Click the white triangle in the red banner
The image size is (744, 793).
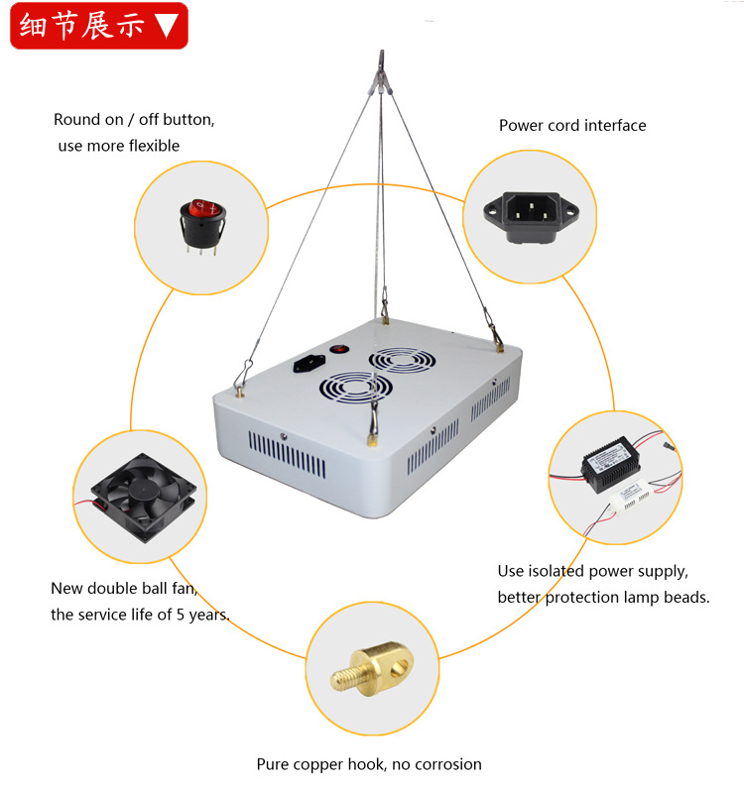[168, 27]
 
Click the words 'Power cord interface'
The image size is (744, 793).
[571, 126]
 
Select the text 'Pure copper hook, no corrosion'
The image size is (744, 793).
[368, 764]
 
